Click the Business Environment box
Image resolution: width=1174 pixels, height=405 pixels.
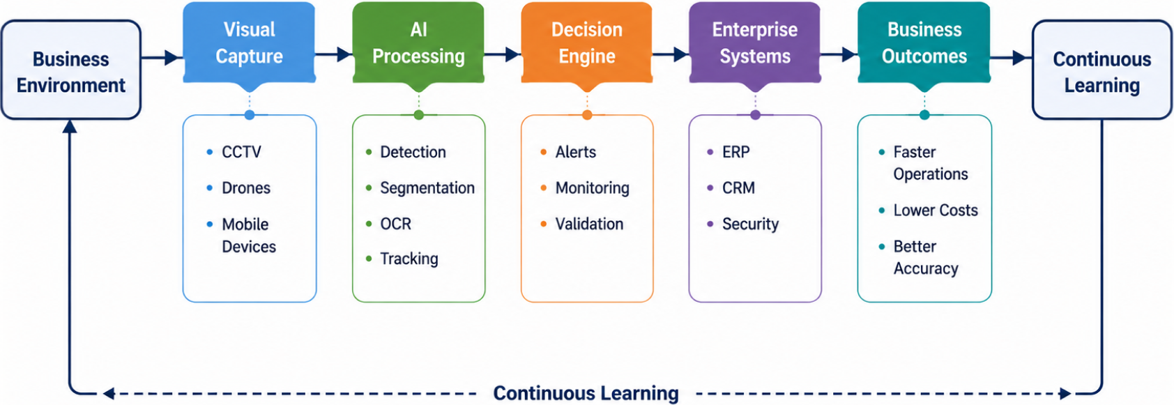(x=70, y=70)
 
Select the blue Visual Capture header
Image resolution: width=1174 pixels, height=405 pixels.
(x=250, y=43)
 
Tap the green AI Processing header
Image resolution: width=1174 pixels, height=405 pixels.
(x=418, y=43)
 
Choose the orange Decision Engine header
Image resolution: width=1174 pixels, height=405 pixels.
(x=587, y=43)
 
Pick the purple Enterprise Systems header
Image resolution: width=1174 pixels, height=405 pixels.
(x=755, y=43)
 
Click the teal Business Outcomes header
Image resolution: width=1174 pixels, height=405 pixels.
(x=924, y=43)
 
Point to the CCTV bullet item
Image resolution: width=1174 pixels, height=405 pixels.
(x=241, y=152)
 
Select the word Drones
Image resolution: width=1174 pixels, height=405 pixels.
(x=246, y=188)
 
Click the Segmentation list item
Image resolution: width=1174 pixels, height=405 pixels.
(x=427, y=188)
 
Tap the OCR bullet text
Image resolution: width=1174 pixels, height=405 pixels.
(x=396, y=224)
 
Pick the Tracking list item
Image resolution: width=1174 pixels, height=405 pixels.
(x=409, y=259)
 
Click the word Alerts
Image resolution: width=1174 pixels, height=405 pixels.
(x=575, y=152)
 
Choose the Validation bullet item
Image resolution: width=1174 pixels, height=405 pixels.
(x=589, y=224)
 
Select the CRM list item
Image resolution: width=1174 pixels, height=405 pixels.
(x=738, y=188)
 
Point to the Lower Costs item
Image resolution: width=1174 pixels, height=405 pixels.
(x=936, y=210)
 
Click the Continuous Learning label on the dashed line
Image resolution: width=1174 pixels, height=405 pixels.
(x=586, y=393)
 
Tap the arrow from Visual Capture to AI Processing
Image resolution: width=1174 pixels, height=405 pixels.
(x=334, y=54)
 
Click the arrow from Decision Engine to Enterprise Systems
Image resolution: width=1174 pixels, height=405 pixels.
(x=671, y=54)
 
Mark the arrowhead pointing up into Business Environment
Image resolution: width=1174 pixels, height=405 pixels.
(x=70, y=125)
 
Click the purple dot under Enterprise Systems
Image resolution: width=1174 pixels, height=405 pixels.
(x=755, y=115)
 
